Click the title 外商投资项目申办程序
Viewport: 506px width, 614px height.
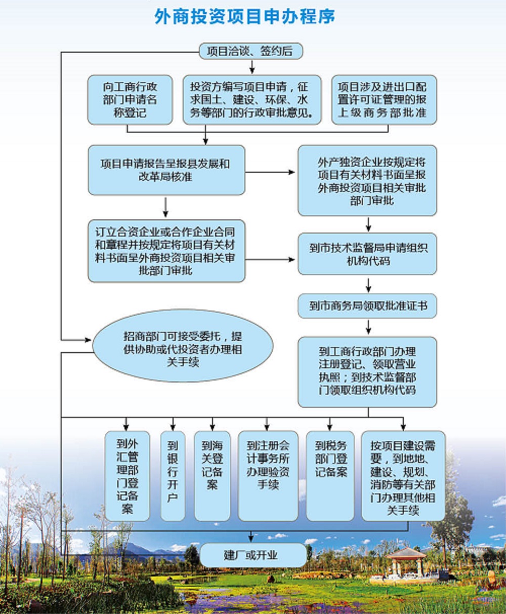[244, 17]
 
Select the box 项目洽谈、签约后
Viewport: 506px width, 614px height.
[251, 51]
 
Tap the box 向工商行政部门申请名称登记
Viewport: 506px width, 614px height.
[130, 100]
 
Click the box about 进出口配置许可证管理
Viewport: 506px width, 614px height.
[384, 100]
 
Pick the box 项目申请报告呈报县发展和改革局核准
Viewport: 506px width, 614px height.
[166, 170]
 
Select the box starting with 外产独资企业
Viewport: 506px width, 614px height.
[367, 180]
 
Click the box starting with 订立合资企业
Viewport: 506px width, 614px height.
[166, 251]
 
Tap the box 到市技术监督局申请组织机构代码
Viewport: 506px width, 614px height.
[367, 254]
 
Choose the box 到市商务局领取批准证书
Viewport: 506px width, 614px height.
[367, 306]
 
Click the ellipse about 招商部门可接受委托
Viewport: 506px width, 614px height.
[183, 346]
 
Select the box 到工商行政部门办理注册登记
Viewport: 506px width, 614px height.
[367, 372]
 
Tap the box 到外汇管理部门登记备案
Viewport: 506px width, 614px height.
[127, 476]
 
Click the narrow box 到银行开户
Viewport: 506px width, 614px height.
[173, 476]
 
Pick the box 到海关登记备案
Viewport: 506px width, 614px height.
[213, 476]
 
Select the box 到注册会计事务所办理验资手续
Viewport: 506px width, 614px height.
[268, 476]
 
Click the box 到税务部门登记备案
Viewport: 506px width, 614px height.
[330, 476]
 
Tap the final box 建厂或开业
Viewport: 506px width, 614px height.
[253, 555]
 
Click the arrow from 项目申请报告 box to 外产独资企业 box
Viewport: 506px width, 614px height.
[270, 172]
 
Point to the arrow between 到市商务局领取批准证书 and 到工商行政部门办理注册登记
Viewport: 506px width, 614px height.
[368, 327]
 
